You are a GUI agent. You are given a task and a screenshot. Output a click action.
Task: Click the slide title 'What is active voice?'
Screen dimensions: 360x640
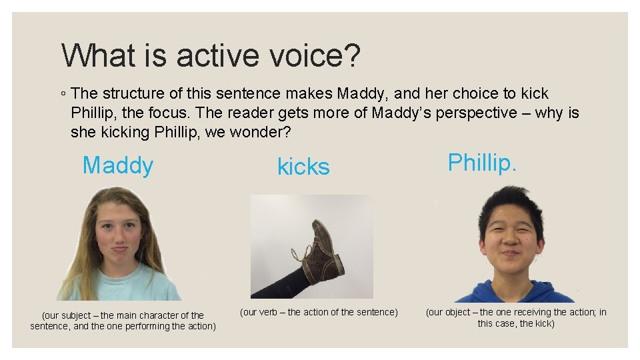(211, 55)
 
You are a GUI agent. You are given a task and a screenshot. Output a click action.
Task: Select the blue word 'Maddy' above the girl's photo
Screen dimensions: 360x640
(118, 165)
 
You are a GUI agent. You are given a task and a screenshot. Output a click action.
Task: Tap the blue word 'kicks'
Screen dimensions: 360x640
(303, 167)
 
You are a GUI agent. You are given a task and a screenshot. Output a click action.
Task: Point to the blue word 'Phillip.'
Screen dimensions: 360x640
(482, 163)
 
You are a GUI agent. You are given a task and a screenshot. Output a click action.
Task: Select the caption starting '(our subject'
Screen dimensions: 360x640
(123, 321)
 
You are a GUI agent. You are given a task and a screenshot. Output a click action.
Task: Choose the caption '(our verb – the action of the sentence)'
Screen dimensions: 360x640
(319, 312)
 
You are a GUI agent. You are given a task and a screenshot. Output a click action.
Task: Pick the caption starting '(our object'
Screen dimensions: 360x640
(516, 317)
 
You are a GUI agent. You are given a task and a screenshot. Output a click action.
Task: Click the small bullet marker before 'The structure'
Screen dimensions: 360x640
(63, 94)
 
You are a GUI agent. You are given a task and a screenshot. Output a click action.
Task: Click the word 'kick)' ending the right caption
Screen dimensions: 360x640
(542, 323)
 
